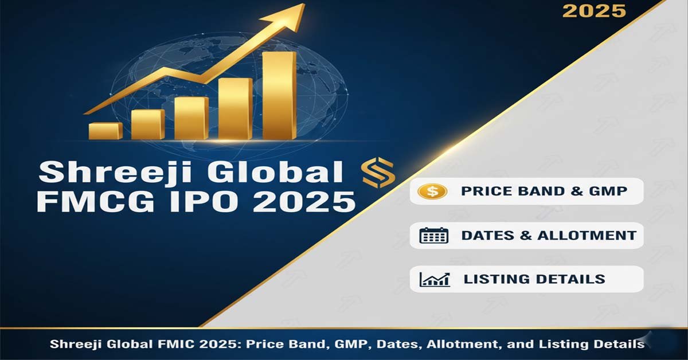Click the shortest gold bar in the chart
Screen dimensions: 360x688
point(105,131)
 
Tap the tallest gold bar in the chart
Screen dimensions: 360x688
point(279,95)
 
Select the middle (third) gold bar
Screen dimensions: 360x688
point(191,118)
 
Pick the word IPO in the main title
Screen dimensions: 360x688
point(216,202)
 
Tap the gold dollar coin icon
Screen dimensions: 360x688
point(433,191)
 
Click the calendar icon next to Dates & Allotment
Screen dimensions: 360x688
point(434,235)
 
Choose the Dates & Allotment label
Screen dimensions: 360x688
point(549,235)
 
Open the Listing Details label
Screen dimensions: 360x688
point(534,279)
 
